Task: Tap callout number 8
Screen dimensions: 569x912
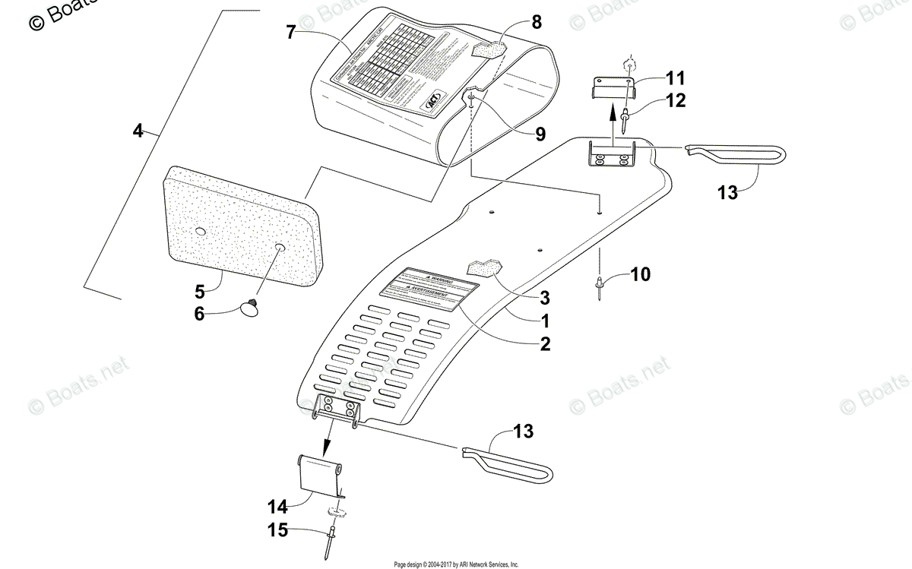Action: click(x=536, y=22)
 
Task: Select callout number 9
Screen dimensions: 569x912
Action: click(x=540, y=134)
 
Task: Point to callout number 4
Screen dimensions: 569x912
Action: click(x=138, y=131)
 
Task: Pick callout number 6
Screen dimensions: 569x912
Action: click(x=199, y=313)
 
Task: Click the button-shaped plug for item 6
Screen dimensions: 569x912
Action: click(x=249, y=307)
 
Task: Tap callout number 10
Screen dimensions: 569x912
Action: click(x=641, y=273)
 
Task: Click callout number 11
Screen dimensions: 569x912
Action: click(x=676, y=77)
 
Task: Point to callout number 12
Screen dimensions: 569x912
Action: click(x=676, y=100)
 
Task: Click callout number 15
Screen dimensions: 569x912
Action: click(x=277, y=530)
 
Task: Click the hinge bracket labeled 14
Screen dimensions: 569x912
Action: click(x=317, y=476)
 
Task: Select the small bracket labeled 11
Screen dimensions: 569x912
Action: click(x=612, y=90)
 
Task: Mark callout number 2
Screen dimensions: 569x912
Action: click(x=545, y=343)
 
